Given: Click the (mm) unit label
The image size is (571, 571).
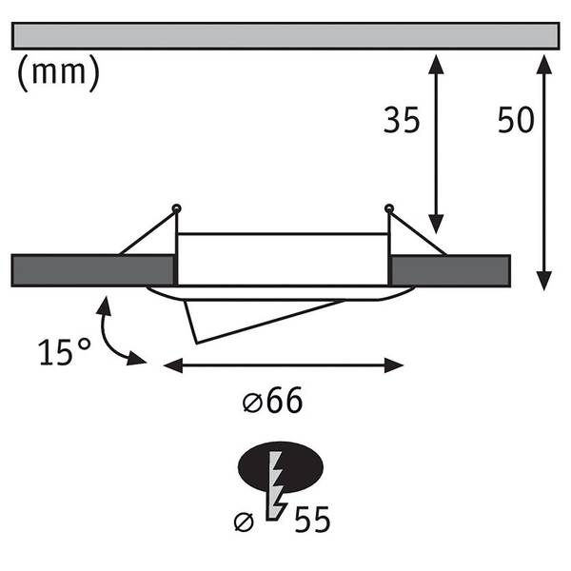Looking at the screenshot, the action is tap(58, 73).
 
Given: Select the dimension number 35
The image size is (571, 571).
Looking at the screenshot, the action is tap(402, 120).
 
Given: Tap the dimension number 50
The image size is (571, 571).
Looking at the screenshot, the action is tap(516, 120).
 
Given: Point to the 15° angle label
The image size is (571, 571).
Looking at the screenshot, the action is tap(65, 352).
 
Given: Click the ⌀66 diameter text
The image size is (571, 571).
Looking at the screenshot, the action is tap(273, 401).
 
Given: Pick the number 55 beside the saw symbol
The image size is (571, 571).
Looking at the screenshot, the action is tap(312, 520).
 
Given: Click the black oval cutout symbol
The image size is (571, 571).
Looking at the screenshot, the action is tap(281, 467).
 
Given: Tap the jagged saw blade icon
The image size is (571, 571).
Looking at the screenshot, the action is tap(277, 486).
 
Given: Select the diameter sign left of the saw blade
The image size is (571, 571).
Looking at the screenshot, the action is tap(244, 522).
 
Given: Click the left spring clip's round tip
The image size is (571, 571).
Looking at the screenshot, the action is tap(177, 209).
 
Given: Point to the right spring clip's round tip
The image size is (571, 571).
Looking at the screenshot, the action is tap(389, 209).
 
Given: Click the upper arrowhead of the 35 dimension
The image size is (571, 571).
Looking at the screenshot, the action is tap(436, 64).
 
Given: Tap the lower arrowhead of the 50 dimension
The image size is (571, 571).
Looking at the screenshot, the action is tap(544, 281).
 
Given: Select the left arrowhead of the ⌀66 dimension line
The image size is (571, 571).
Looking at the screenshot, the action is tap(173, 365).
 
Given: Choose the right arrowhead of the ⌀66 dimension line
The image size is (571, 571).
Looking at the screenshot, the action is tap(394, 365).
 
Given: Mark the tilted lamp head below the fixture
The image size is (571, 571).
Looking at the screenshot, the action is tap(264, 322).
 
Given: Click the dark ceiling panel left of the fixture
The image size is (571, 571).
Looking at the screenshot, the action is tap(92, 271).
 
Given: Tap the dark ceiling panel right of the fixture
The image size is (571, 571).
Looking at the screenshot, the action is tap(450, 271).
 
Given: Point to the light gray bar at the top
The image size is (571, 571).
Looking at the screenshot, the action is tap(285, 36).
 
